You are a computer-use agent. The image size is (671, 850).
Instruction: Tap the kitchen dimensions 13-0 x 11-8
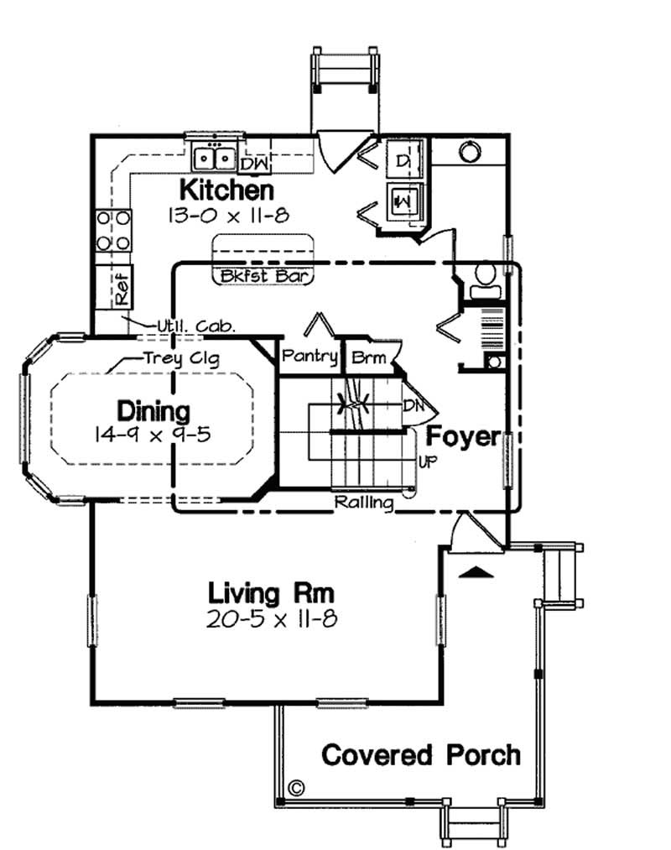point(228,215)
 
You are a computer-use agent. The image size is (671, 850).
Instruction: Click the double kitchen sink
point(213,157)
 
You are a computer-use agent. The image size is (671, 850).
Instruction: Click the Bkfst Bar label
point(263,275)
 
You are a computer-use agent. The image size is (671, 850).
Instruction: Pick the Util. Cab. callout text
point(196,326)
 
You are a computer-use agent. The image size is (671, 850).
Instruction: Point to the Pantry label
point(309,357)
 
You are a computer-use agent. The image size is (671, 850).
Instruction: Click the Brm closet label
point(369,357)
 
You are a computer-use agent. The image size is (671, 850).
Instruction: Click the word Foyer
point(464,436)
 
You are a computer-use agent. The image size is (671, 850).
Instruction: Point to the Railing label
point(364,503)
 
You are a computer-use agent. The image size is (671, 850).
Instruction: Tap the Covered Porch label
point(421,754)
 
